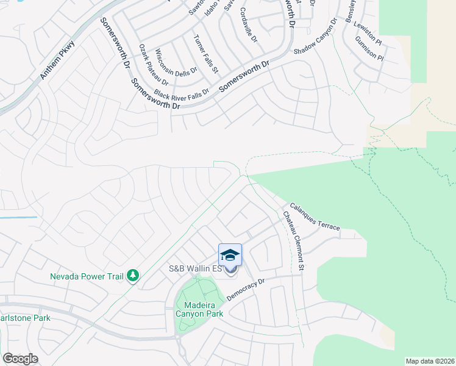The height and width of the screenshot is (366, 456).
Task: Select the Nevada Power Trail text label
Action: pyautogui.click(x=86, y=276)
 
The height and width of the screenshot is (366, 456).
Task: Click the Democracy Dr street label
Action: pyautogui.click(x=246, y=290)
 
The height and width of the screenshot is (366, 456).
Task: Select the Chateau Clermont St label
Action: pyautogui.click(x=293, y=241)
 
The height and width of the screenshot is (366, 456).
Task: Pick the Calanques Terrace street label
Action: pyautogui.click(x=315, y=217)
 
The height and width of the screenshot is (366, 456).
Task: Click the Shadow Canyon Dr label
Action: pyautogui.click(x=316, y=38)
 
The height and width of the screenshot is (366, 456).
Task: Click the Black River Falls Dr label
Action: pyautogui.click(x=181, y=93)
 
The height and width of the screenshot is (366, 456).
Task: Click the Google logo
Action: pyautogui.click(x=20, y=359)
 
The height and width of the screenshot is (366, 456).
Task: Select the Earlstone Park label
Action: pyautogui.click(x=25, y=318)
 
